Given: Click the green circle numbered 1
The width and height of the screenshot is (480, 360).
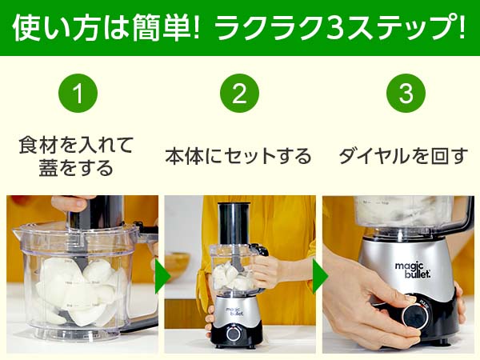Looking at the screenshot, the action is pyautogui.click(x=78, y=93).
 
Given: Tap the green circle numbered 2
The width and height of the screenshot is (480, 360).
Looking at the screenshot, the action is pyautogui.click(x=239, y=93).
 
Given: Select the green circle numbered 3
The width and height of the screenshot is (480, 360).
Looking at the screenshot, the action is pyautogui.click(x=406, y=93).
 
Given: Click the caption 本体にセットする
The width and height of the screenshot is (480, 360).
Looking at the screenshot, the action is pyautogui.click(x=238, y=156).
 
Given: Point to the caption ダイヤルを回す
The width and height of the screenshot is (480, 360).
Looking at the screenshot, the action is pyautogui.click(x=403, y=156).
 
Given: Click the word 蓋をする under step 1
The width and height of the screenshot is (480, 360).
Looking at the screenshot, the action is pyautogui.click(x=76, y=168).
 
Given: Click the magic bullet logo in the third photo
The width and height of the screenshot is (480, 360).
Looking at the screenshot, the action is pyautogui.click(x=413, y=270).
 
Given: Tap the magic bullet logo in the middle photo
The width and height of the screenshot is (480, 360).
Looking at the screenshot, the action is pyautogui.click(x=235, y=311).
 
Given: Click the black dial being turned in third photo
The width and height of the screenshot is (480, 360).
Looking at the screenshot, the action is pyautogui.click(x=414, y=316).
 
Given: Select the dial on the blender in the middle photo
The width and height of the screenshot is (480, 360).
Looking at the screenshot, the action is pyautogui.click(x=234, y=334).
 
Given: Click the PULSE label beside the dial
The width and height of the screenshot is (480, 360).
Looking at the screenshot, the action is pyautogui.click(x=425, y=304).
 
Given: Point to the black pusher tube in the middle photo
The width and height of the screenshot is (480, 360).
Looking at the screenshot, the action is pyautogui.click(x=234, y=223).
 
